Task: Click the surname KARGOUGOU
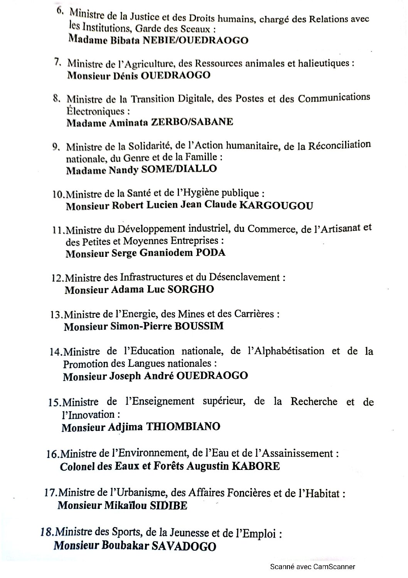point(276,205)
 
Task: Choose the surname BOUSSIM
point(199,326)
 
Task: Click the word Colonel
point(78,466)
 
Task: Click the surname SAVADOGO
point(185,546)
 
